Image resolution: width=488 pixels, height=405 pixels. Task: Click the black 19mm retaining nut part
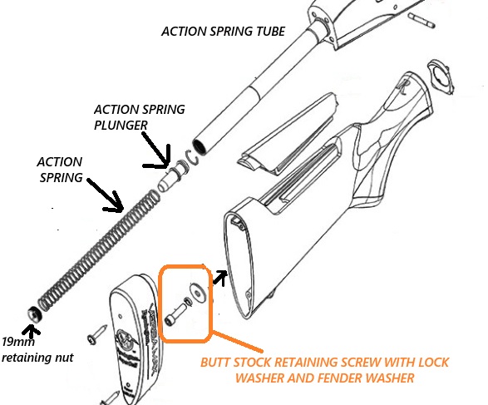click(32, 313)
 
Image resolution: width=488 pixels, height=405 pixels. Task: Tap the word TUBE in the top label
click(264, 32)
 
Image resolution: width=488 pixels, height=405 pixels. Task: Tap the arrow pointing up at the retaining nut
click(34, 330)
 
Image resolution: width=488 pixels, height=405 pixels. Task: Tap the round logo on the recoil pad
click(124, 341)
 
